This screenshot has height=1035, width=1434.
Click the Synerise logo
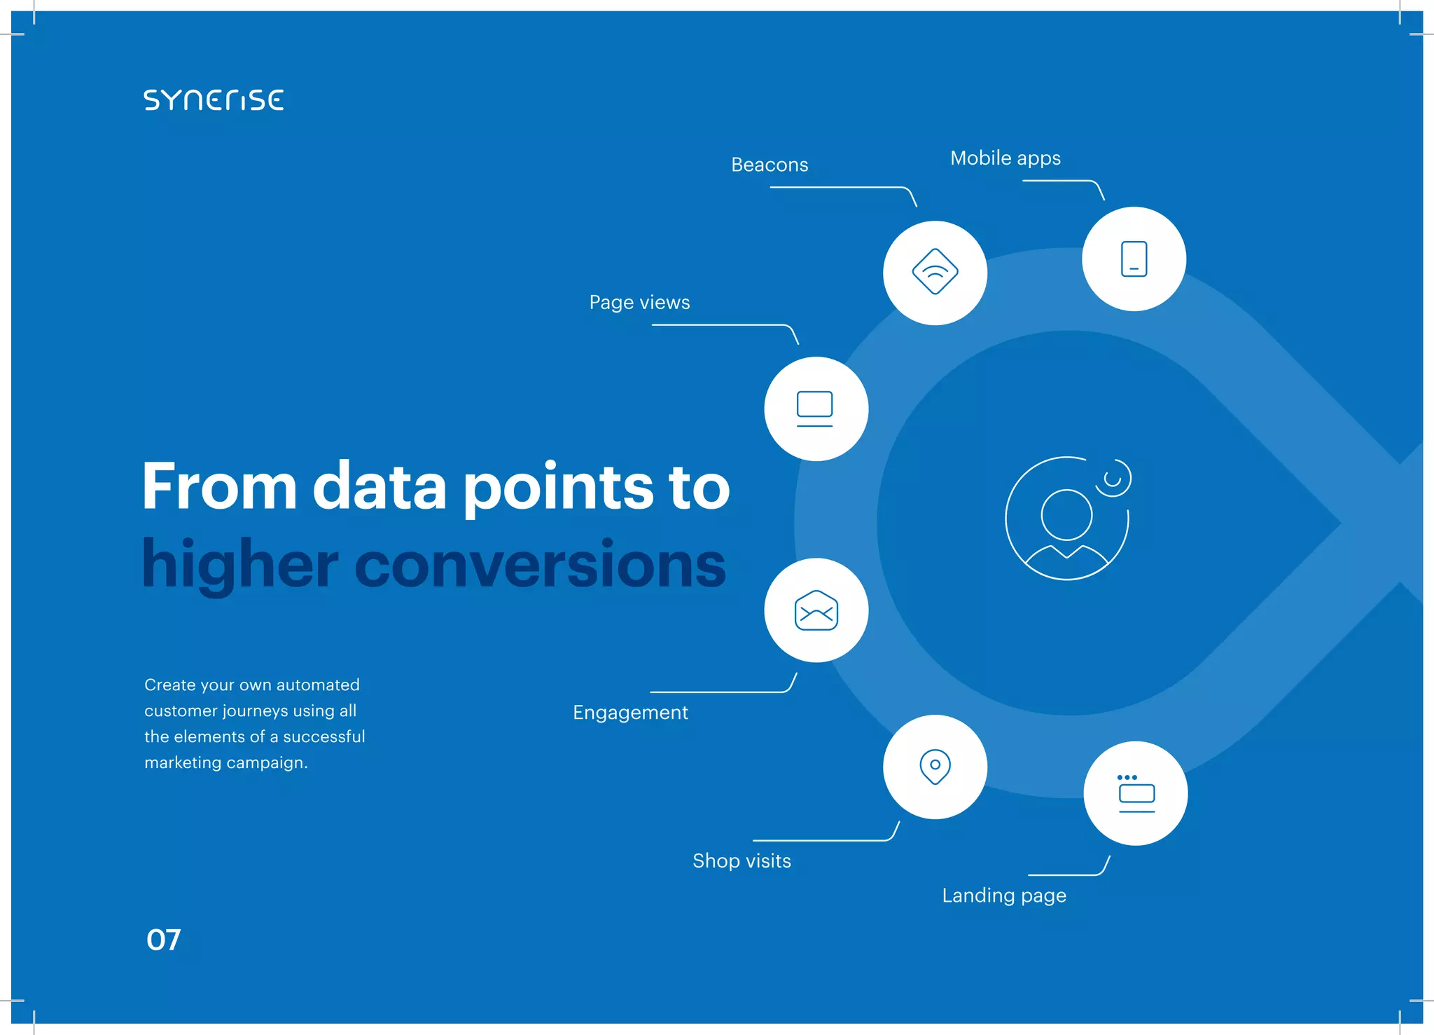[214, 100]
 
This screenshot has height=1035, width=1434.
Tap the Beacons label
[770, 165]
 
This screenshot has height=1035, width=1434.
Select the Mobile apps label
[1005, 158]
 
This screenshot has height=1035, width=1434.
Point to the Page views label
[639, 303]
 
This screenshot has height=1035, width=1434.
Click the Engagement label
[630, 713]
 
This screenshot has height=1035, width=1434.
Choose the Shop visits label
[742, 861]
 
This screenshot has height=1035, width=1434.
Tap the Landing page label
[1003, 896]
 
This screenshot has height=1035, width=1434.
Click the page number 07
[163, 940]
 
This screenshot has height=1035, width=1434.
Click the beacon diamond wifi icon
[935, 272]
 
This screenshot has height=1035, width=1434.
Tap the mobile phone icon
[1134, 259]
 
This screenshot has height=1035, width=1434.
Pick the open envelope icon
[816, 611]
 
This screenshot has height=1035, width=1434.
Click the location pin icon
[935, 767]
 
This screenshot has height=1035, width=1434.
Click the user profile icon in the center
[1067, 519]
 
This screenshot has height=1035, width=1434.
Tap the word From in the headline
[219, 486]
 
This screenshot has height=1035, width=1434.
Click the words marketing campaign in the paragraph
[225, 762]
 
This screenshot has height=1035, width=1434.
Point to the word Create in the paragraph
[169, 685]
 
